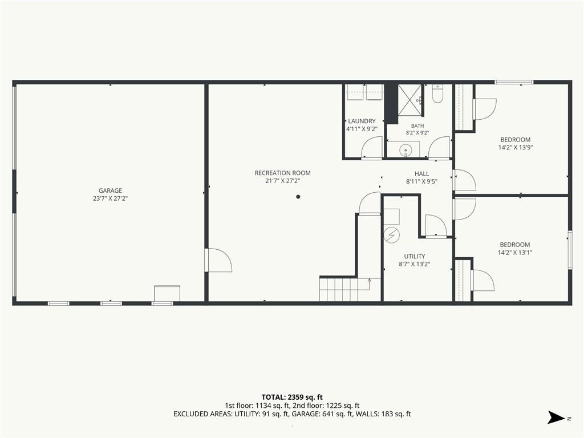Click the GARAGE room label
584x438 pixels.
[110, 190]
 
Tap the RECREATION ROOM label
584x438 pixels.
[282, 173]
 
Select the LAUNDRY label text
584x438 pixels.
[362, 121]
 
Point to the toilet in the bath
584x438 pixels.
[437, 94]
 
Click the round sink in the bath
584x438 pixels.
[405, 151]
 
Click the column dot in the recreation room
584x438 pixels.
[298, 197]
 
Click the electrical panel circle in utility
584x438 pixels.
[392, 235]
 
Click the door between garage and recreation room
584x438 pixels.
[218, 260]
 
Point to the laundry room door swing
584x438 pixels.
[372, 147]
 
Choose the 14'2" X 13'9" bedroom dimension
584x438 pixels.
[516, 148]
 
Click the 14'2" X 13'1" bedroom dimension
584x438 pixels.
[515, 253]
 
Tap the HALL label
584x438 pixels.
[421, 173]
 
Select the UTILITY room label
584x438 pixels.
[415, 256]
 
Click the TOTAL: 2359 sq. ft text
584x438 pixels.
[292, 397]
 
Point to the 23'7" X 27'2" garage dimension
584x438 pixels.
[110, 198]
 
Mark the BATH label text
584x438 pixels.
[417, 126]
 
